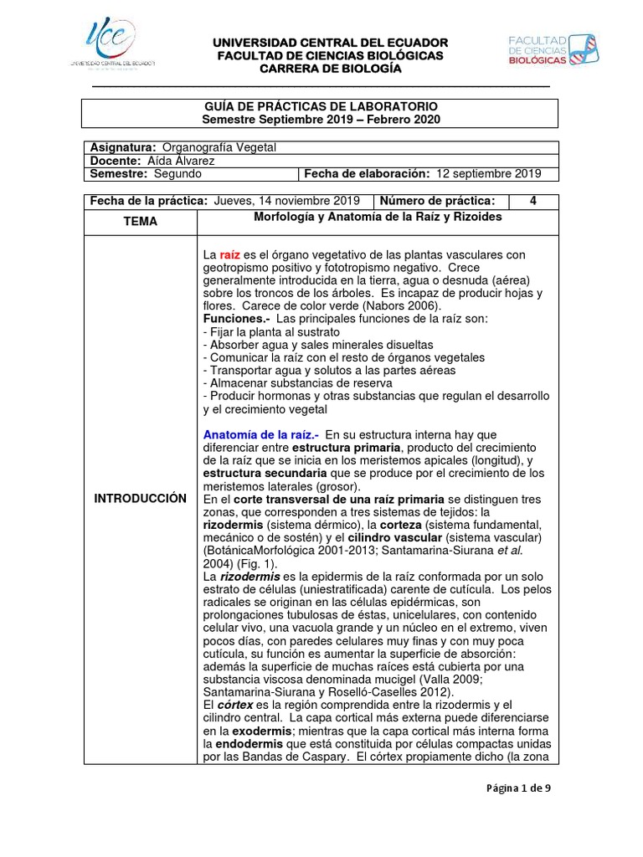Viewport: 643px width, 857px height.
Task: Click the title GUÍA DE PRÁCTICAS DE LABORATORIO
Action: tap(321, 107)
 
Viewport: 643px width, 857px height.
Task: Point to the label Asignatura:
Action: tap(123, 147)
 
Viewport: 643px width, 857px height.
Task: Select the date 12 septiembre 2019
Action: tap(487, 174)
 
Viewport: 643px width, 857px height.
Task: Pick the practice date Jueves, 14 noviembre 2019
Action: tap(287, 201)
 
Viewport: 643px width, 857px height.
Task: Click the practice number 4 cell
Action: tap(533, 201)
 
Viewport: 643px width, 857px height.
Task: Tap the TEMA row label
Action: tap(140, 222)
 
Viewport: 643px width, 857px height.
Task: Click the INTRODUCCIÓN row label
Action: tap(140, 498)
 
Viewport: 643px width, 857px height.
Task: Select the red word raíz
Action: tap(230, 254)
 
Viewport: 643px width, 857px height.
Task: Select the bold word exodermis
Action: tap(244, 730)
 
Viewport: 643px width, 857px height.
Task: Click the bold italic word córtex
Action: tap(234, 705)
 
